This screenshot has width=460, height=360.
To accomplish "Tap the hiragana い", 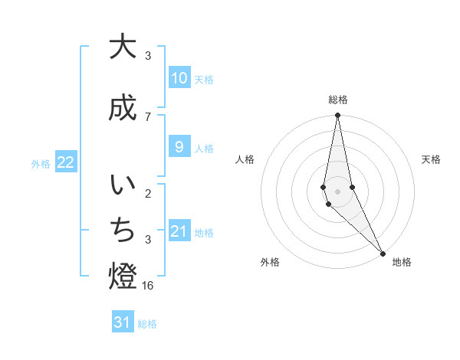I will click(x=123, y=186).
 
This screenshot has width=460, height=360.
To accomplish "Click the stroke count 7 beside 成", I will click(x=148, y=116).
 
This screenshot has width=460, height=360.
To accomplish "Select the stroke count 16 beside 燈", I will click(x=149, y=285).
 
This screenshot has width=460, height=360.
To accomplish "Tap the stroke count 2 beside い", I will click(x=148, y=194).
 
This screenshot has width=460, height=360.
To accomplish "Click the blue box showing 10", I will click(x=179, y=78).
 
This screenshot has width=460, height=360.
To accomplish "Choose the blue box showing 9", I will click(x=179, y=147).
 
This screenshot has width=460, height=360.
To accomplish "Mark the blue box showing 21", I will click(x=179, y=231).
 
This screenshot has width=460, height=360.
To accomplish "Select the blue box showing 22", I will click(x=65, y=162).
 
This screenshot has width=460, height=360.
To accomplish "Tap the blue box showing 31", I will click(x=123, y=322).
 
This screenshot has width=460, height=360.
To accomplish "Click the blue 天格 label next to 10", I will click(x=204, y=79).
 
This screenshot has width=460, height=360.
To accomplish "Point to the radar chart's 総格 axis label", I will click(x=338, y=100).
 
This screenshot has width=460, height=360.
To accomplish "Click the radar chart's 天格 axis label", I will click(x=431, y=159).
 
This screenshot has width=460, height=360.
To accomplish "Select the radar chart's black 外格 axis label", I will click(x=270, y=262).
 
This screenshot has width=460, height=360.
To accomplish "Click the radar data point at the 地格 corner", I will click(x=383, y=252).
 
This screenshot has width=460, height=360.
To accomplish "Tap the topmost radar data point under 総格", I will click(x=337, y=116).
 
